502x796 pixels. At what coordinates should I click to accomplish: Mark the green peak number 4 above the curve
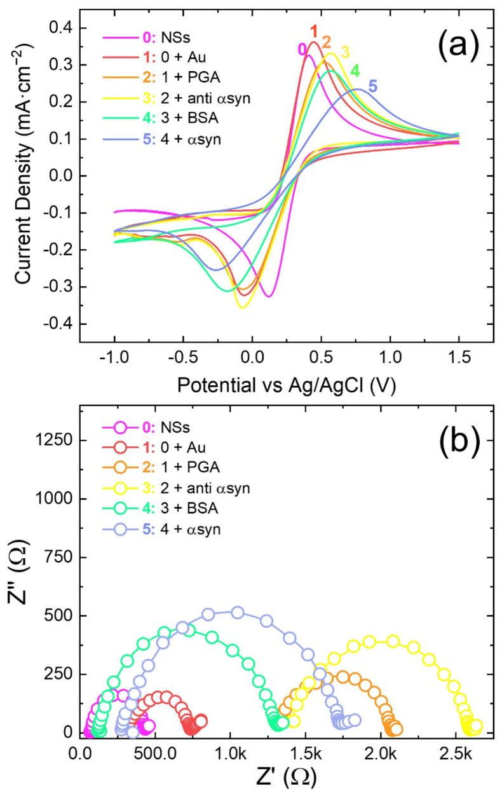click(355, 69)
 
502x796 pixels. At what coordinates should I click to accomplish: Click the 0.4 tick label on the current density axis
click(61, 29)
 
